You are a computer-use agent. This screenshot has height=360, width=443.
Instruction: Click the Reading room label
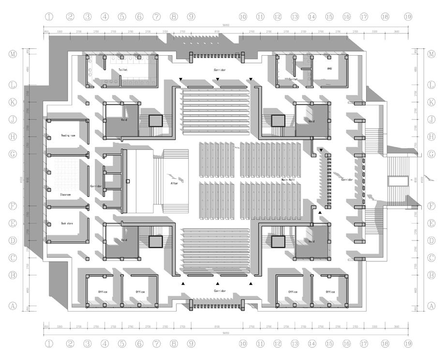click(x=68, y=136)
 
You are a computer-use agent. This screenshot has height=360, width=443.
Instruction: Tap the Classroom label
click(x=65, y=195)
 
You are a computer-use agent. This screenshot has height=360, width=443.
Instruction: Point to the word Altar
click(x=175, y=183)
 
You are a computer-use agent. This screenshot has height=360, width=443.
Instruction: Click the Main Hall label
click(x=289, y=180)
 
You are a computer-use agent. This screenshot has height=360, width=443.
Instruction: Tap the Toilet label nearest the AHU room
click(x=293, y=79)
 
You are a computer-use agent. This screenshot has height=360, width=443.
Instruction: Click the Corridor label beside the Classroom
click(x=96, y=186)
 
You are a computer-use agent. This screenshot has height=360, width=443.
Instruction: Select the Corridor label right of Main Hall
click(x=347, y=180)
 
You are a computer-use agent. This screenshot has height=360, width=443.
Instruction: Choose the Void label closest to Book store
click(x=124, y=240)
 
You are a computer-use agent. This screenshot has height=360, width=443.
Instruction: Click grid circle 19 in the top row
click(x=408, y=16)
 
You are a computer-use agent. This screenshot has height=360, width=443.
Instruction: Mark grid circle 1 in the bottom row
click(x=49, y=344)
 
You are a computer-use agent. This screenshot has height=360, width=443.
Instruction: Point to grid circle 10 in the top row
click(x=243, y=16)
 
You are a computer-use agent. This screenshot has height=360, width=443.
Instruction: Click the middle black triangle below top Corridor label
click(x=218, y=79)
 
